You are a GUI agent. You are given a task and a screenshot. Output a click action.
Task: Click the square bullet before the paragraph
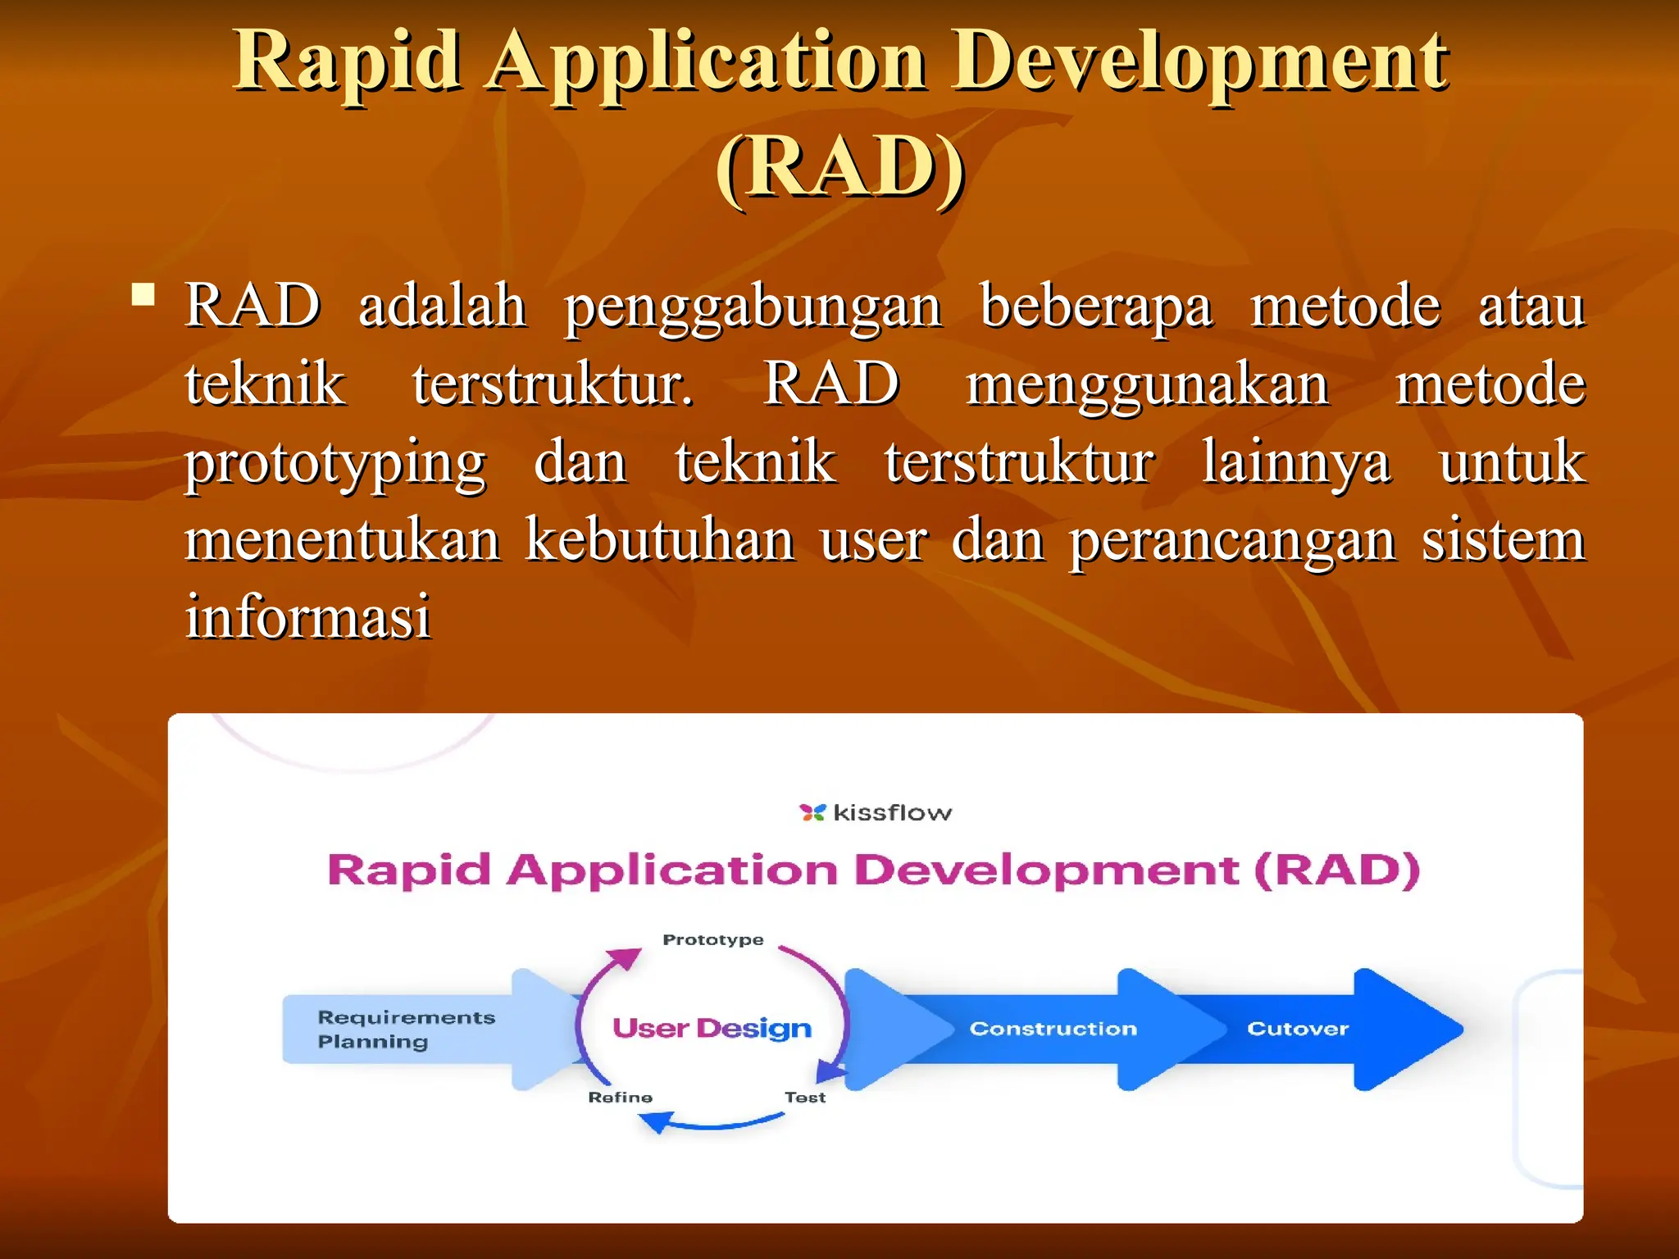143,294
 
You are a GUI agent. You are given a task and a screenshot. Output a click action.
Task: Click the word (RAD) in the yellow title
840,166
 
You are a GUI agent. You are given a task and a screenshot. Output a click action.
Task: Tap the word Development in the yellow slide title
1200,61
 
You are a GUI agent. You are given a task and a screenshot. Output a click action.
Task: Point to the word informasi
307,616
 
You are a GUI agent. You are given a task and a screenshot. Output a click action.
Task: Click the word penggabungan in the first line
753,307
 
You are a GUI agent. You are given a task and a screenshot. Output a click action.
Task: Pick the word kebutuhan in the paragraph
660,540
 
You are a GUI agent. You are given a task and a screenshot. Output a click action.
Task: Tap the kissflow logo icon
812,812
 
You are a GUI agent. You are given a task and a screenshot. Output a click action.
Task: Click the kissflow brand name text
892,812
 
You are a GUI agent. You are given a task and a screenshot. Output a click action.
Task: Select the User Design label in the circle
712,1028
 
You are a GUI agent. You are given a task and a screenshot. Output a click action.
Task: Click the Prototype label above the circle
712,939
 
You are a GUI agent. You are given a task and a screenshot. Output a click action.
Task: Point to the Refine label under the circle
620,1098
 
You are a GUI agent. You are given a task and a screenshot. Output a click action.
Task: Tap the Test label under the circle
804,1098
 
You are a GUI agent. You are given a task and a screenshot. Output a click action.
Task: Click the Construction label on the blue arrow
1053,1029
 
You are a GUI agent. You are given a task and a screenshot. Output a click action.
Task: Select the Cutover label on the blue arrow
1297,1029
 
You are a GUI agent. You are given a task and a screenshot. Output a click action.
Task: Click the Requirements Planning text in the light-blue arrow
405,1029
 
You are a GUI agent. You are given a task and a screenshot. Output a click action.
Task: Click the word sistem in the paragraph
1503,540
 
